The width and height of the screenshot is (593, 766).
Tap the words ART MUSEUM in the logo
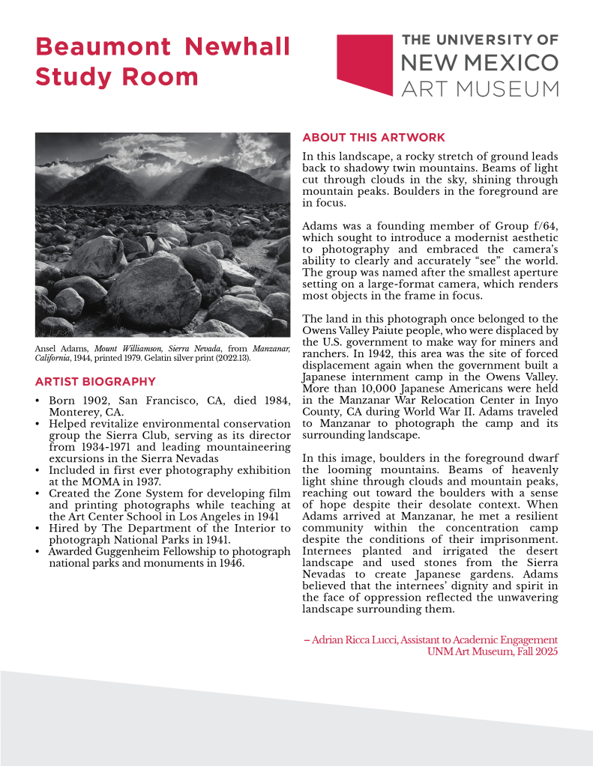pos(480,88)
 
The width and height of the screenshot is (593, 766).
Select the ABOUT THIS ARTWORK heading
pos(373,138)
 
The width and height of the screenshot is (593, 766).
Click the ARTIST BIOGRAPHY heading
pos(95,382)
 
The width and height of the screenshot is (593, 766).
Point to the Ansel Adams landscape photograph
pos(163,234)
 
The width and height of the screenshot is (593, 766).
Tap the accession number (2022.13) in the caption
pos(233,358)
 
